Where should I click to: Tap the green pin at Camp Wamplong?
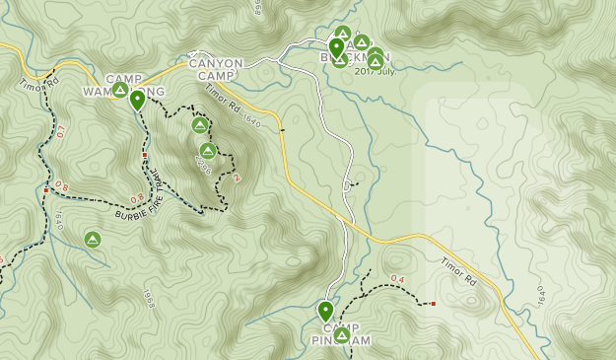coord(137,99)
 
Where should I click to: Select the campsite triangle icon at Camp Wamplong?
coord(119,90)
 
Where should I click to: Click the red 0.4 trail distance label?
coord(397,279)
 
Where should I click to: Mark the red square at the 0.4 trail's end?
coord(433,304)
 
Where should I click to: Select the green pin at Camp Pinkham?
coord(325,312)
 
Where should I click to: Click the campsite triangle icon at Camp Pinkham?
coord(341,335)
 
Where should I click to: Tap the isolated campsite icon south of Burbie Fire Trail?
coord(92,239)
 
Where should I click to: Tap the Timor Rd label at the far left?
coord(38,84)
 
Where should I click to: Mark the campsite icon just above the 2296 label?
coord(207,151)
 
